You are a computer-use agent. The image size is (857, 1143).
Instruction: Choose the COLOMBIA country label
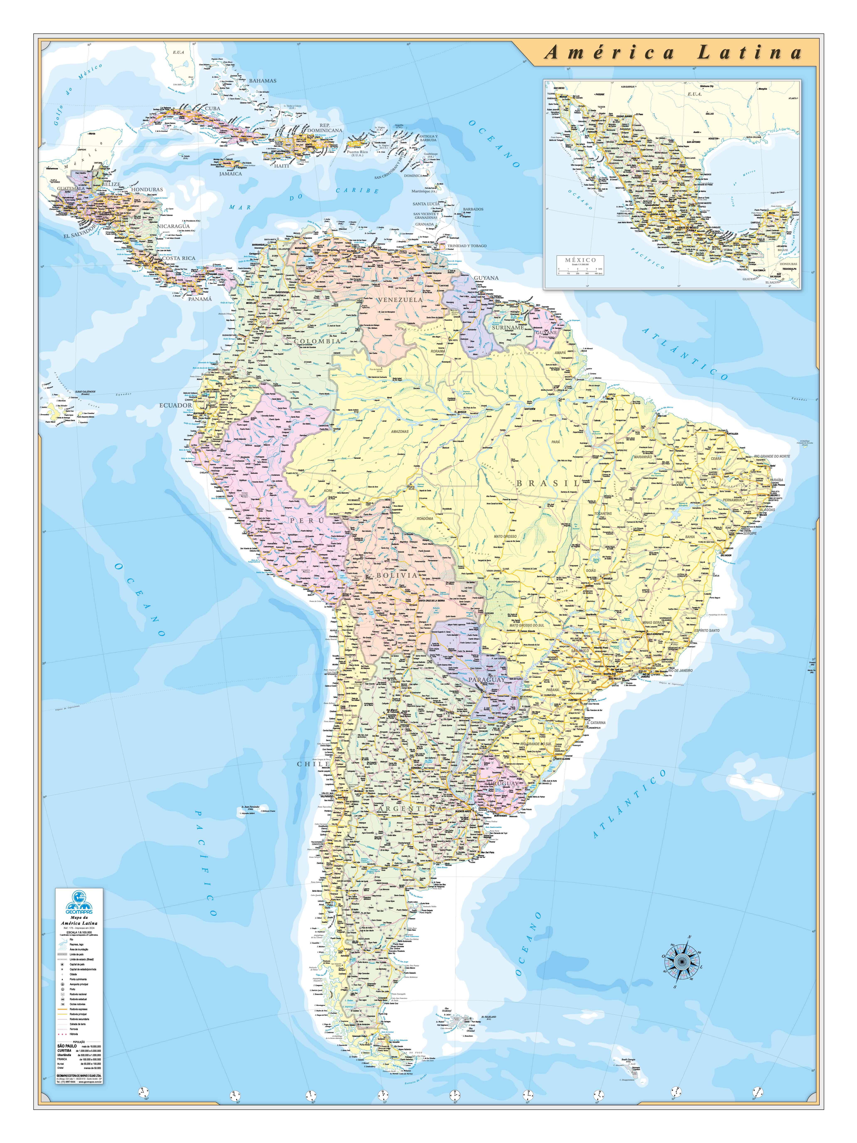point(317,341)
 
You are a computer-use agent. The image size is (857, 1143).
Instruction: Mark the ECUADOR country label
point(175,405)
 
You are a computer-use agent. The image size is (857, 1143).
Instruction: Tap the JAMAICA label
point(230,174)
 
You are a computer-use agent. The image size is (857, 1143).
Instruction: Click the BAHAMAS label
point(262,81)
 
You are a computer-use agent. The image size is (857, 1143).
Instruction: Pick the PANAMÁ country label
point(199,299)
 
